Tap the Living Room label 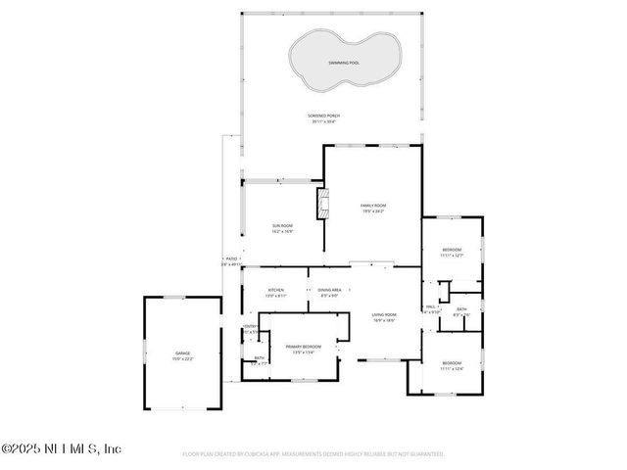(383, 316)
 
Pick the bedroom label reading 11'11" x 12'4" (451, 365)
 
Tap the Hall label (429, 308)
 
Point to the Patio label (230, 260)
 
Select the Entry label (250, 328)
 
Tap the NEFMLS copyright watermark (61, 448)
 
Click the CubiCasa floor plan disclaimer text (313, 454)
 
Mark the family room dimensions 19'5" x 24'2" (373, 211)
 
